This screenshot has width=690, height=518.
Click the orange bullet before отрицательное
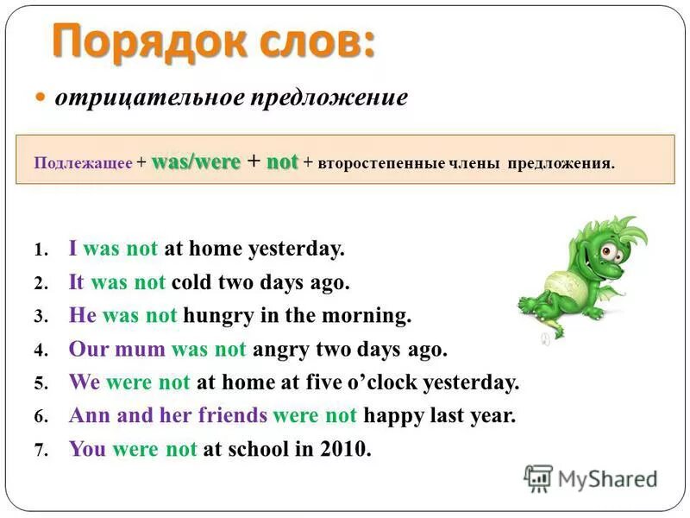[x=41, y=98]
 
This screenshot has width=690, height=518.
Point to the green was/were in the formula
[x=197, y=161]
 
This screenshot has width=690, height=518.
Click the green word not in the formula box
[x=281, y=161]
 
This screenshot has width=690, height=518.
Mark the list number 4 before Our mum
[x=39, y=351]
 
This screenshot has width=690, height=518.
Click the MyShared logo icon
[x=538, y=477]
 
